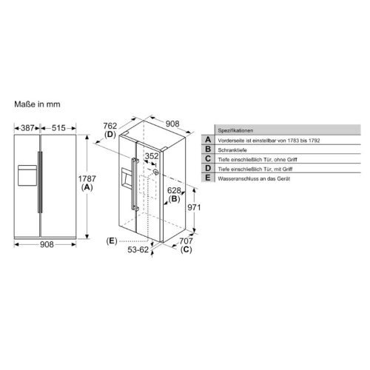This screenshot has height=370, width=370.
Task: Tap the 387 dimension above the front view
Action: click(27, 129)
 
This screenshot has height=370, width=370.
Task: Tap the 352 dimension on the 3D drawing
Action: click(152, 156)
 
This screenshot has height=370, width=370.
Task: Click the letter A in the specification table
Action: click(208, 139)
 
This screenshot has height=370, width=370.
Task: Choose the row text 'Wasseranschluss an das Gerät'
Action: click(252, 180)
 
